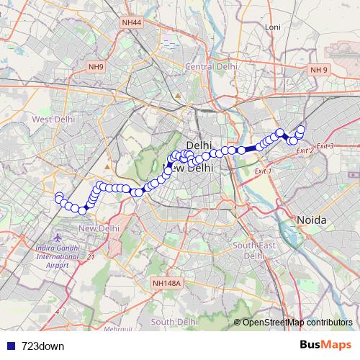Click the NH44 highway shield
tap(132, 23)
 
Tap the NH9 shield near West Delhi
tap(96, 67)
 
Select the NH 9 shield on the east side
tap(318, 70)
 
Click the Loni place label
tap(272, 27)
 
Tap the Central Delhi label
tap(211, 67)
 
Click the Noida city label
tap(312, 220)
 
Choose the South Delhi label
tap(174, 322)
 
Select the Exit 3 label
tap(325, 146)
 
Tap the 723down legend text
tap(42, 346)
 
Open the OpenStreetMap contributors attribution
tap(297, 322)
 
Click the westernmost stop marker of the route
tap(58, 197)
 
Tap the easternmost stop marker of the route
tap(301, 130)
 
